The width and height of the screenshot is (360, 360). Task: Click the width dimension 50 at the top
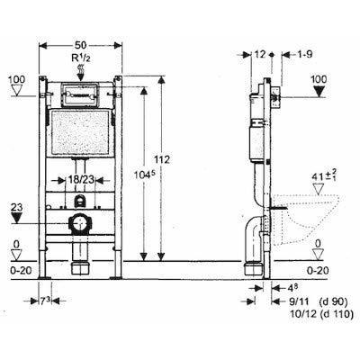79,43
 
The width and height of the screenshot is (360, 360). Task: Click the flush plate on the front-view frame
80,92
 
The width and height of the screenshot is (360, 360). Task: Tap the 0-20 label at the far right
319,269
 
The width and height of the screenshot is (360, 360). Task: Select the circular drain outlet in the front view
80,224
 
